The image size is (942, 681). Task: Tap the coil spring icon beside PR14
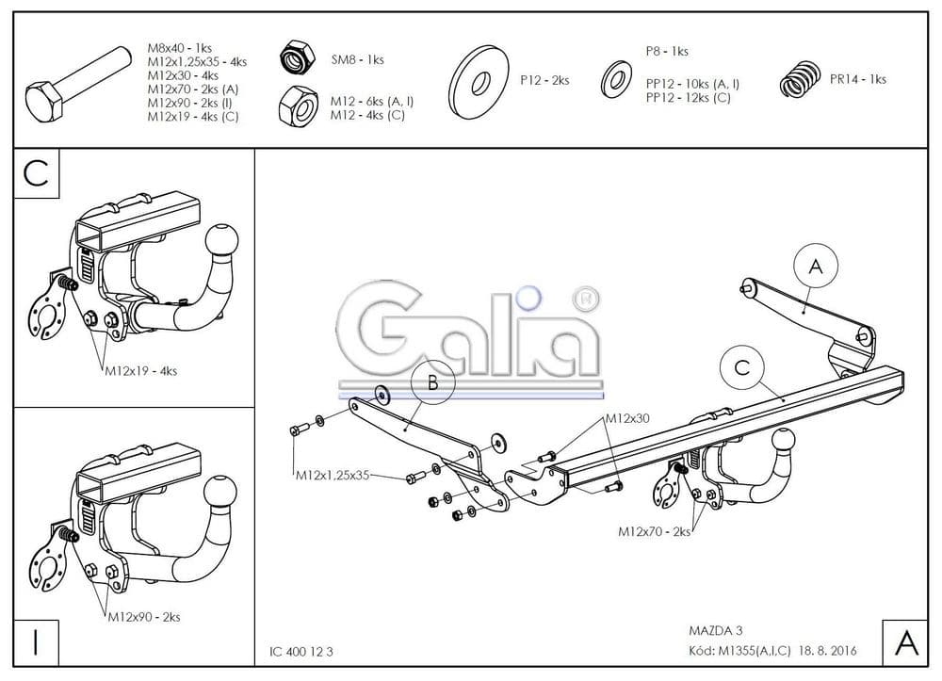click(800, 78)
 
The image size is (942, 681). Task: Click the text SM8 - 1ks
click(357, 59)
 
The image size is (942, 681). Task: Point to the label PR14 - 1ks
click(857, 79)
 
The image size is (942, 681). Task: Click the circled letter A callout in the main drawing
click(816, 267)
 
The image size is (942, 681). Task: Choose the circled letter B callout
click(431, 382)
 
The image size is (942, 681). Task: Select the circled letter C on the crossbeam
click(742, 367)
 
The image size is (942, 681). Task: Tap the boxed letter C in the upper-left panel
click(37, 174)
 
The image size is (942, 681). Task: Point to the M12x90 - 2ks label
click(143, 617)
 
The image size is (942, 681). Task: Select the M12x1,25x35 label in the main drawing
click(331, 475)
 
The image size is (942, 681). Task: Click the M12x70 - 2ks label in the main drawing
click(654, 531)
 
